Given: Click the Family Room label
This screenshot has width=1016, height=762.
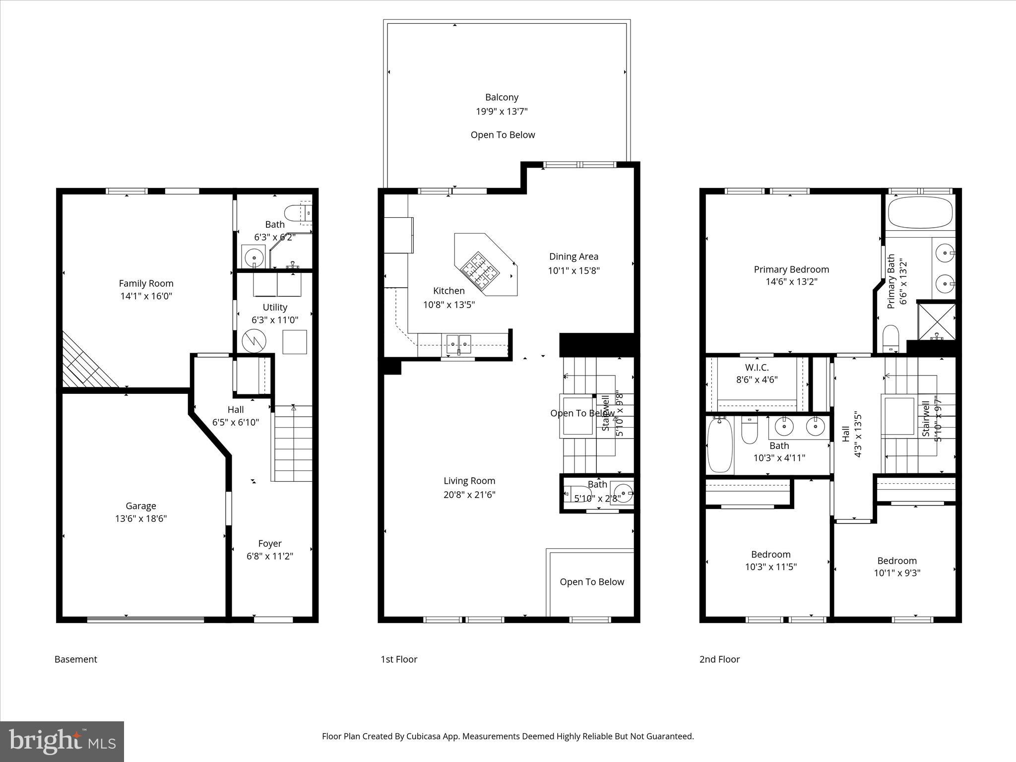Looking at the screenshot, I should [x=146, y=283].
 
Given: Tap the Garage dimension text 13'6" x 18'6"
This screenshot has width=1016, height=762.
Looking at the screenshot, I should [x=141, y=519].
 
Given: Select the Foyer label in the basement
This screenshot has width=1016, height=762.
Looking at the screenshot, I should [x=270, y=543].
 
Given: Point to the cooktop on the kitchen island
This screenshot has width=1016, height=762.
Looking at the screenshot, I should [x=479, y=271].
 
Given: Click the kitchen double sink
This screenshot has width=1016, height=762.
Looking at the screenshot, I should [x=458, y=342].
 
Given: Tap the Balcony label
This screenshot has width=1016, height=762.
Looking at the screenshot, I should [x=502, y=97].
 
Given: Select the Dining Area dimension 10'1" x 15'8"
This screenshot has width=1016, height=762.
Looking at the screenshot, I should [x=573, y=271].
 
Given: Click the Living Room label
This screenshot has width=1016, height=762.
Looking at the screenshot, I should [x=469, y=481].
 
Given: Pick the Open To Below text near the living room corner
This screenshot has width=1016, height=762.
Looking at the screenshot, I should [x=592, y=582].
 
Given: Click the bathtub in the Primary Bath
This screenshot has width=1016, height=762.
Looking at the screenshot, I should [x=920, y=213].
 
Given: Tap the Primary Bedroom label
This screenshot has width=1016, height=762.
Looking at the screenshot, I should [x=791, y=269].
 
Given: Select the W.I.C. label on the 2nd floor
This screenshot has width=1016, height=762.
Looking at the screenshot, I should [x=757, y=368].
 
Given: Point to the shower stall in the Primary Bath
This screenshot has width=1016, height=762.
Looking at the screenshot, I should [x=937, y=321].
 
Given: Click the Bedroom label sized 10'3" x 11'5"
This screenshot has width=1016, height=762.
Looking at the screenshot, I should [x=770, y=554].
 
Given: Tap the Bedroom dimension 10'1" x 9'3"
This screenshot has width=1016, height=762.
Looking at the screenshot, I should [x=897, y=573].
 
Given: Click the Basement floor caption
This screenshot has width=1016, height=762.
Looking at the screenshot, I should [x=76, y=659].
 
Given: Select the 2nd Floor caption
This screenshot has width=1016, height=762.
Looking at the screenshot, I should [x=719, y=659].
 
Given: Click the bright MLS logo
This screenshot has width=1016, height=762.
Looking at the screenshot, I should [x=62, y=741].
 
